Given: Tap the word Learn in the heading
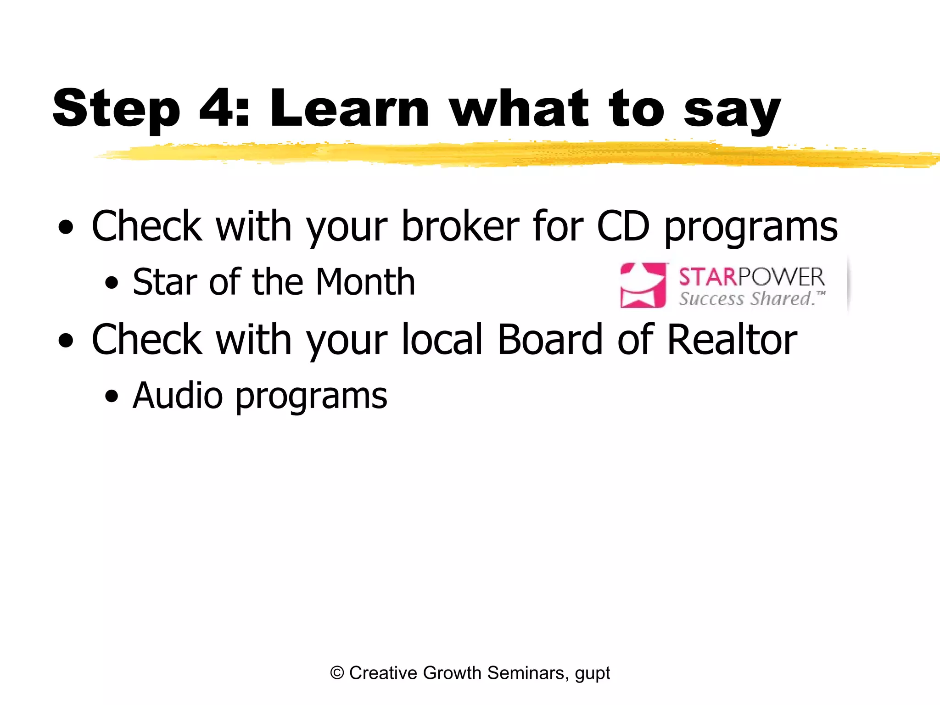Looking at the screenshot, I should click(349, 108).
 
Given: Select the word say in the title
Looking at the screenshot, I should click(732, 112).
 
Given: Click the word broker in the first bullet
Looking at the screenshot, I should click(460, 226).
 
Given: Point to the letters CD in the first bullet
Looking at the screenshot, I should click(623, 226).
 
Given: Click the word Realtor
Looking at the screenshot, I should click(732, 340).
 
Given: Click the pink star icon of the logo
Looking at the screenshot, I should click(643, 285).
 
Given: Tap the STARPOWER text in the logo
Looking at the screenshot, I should click(751, 277).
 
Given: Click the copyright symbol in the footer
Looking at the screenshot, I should click(337, 673).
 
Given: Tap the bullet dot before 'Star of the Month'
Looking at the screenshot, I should click(111, 283).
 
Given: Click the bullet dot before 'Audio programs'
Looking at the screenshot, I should click(111, 396).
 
